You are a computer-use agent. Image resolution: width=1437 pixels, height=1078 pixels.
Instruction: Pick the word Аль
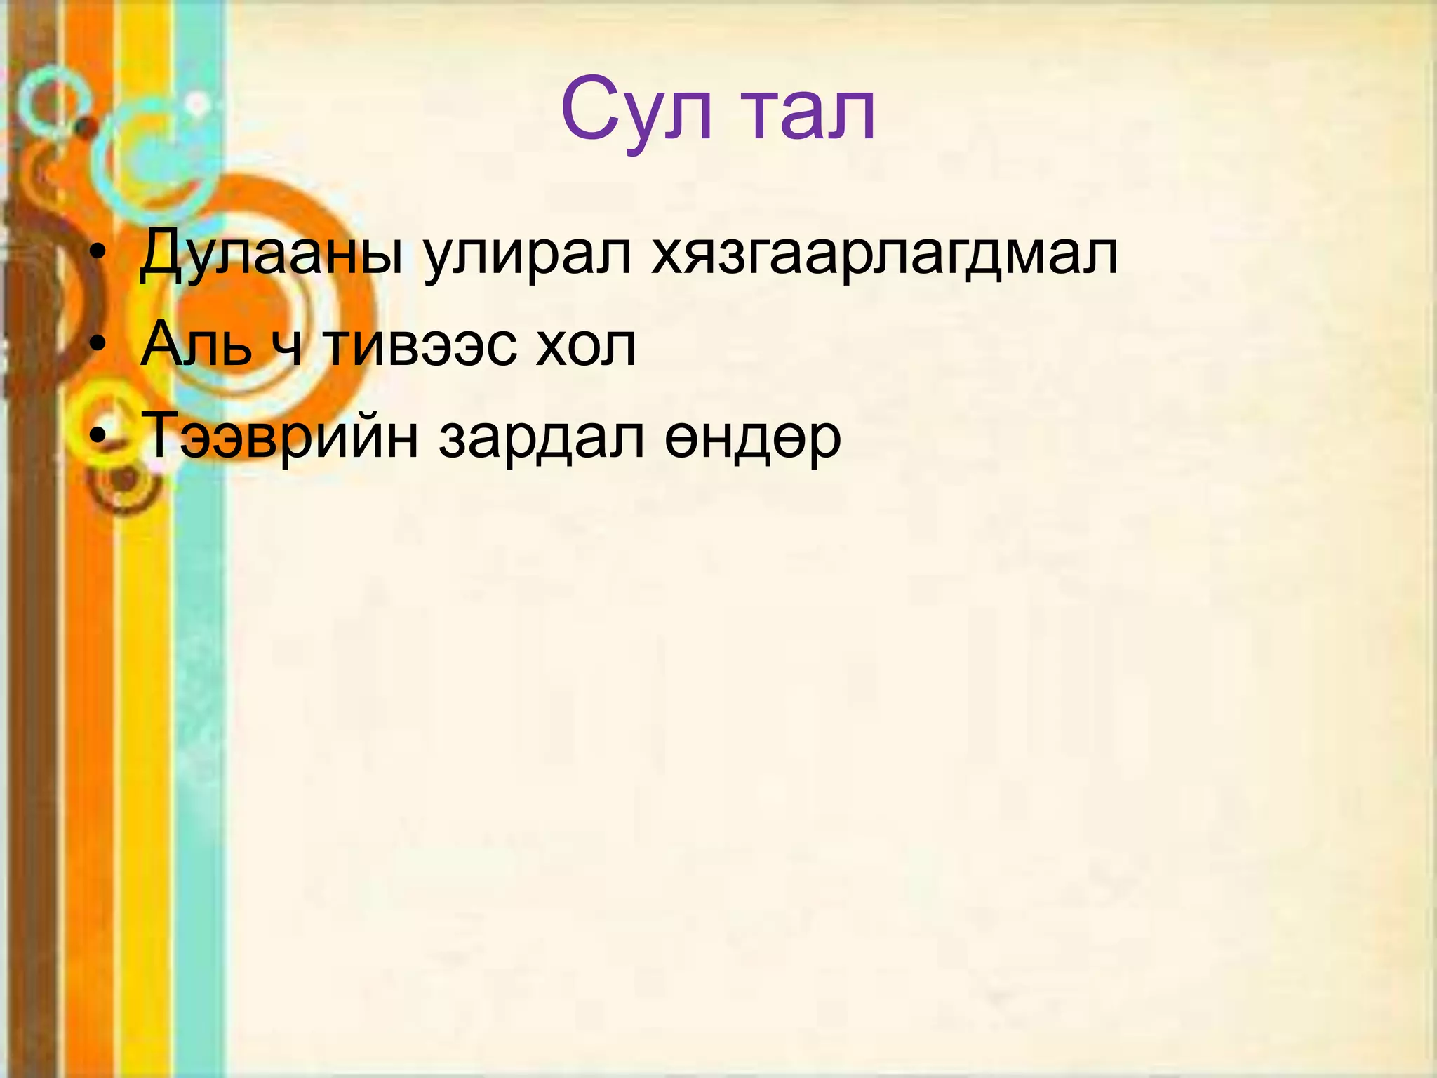[x=196, y=344]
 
